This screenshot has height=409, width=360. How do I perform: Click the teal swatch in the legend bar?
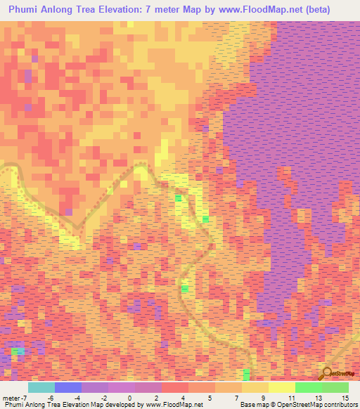pyautogui.click(x=41, y=387)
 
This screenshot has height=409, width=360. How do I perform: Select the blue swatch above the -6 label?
pyautogui.click(x=68, y=387)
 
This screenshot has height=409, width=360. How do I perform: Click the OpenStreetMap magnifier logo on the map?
pyautogui.click(x=327, y=373)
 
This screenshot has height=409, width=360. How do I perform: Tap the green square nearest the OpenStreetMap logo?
pyautogui.click(x=247, y=372)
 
